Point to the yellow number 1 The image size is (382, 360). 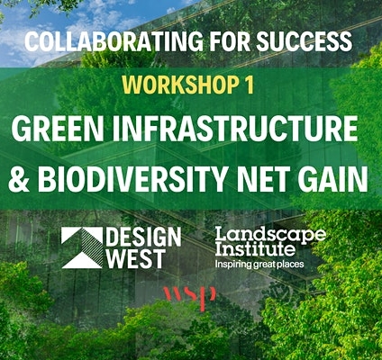coord(249,85)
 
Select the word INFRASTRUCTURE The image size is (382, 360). coord(235,129)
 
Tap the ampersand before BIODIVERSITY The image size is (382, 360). coord(19,179)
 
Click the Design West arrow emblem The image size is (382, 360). coord(82,247)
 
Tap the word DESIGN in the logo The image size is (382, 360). coord(143,237)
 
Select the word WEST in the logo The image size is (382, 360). coord(136,258)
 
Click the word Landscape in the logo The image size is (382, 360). coord(270,236)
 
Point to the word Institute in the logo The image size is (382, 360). coord(255,249)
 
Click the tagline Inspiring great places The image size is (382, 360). coord(259,265)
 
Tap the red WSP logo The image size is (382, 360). coord(190,297)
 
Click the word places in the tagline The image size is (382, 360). coord(290,265)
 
